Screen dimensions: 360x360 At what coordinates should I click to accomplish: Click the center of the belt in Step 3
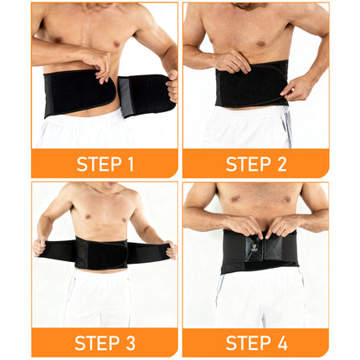101,252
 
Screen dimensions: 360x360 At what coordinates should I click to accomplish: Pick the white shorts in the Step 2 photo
251,130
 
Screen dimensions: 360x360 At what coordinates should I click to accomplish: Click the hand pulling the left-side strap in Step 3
38,247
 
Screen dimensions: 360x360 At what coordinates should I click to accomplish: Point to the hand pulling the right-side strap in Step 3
171,249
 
